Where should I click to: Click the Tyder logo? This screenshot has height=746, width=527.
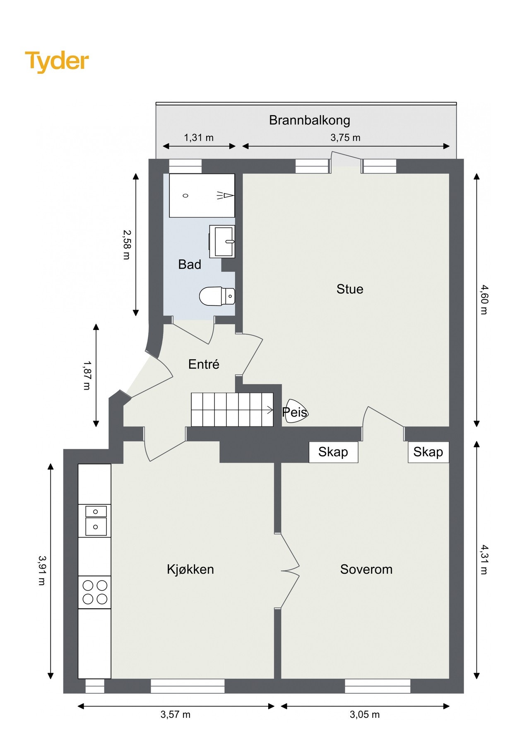57,61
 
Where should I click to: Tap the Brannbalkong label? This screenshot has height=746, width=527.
309,120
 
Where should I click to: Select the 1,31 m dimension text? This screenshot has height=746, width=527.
199,138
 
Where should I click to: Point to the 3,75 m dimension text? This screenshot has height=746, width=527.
345,138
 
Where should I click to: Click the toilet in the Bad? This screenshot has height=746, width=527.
217,296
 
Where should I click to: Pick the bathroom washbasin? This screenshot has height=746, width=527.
222,241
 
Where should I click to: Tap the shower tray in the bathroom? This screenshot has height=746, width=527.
202,195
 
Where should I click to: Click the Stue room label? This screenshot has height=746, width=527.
350,289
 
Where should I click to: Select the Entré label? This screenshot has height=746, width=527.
204,364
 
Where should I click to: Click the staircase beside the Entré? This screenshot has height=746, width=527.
232,409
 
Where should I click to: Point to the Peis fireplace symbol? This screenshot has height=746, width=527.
295,411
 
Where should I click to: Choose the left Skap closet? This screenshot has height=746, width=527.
333,452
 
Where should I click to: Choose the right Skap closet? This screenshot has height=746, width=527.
428,452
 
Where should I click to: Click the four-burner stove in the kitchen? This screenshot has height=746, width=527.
95,592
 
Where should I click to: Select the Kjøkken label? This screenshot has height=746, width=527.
190,569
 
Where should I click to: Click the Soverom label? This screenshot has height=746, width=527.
366,569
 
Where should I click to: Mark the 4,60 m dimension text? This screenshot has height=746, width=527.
484,299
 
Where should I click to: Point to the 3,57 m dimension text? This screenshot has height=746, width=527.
176,714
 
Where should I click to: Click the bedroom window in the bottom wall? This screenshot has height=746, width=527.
378,686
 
